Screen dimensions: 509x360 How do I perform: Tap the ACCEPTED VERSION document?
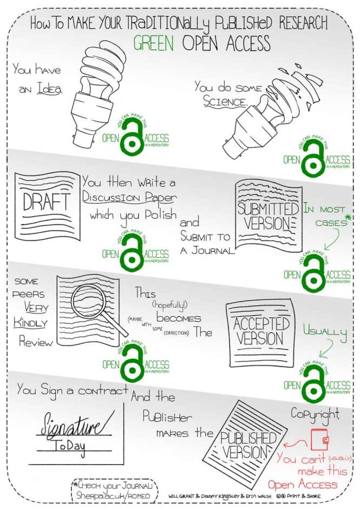coord(261,331)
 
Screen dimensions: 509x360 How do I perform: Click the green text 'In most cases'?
coord(325,216)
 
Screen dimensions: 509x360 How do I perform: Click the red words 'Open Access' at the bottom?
coord(303,484)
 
